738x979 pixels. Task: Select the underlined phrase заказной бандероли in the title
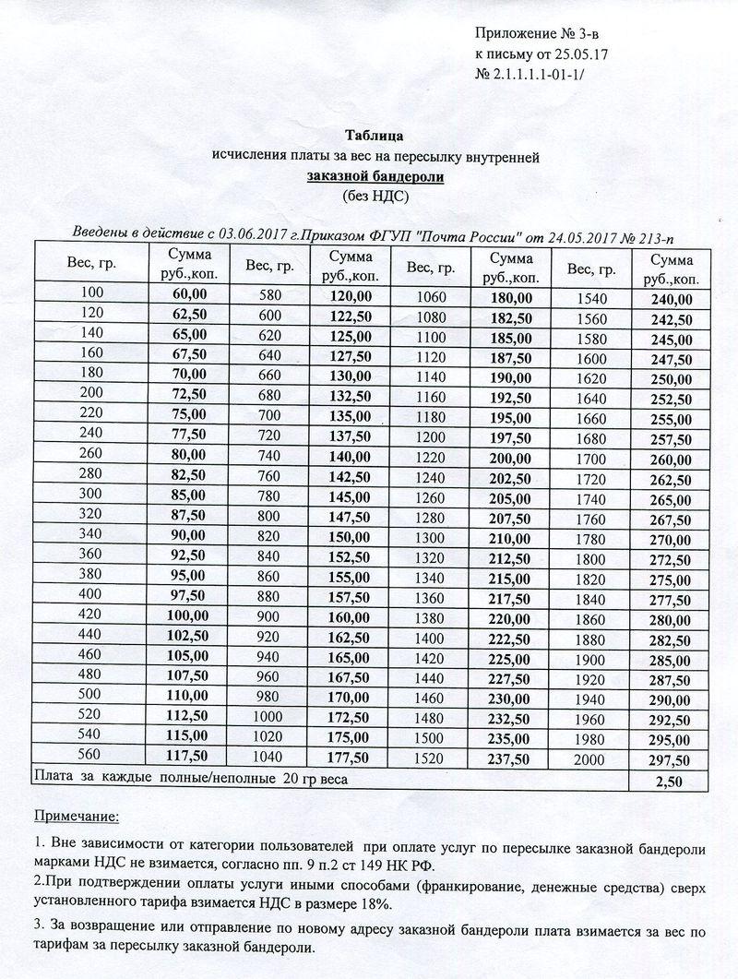375,176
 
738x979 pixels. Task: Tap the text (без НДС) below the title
375,196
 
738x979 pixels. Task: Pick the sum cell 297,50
671,759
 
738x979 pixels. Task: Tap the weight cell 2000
591,759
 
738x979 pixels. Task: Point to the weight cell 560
93,756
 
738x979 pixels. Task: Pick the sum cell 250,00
671,378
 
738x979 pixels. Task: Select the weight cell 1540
591,298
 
